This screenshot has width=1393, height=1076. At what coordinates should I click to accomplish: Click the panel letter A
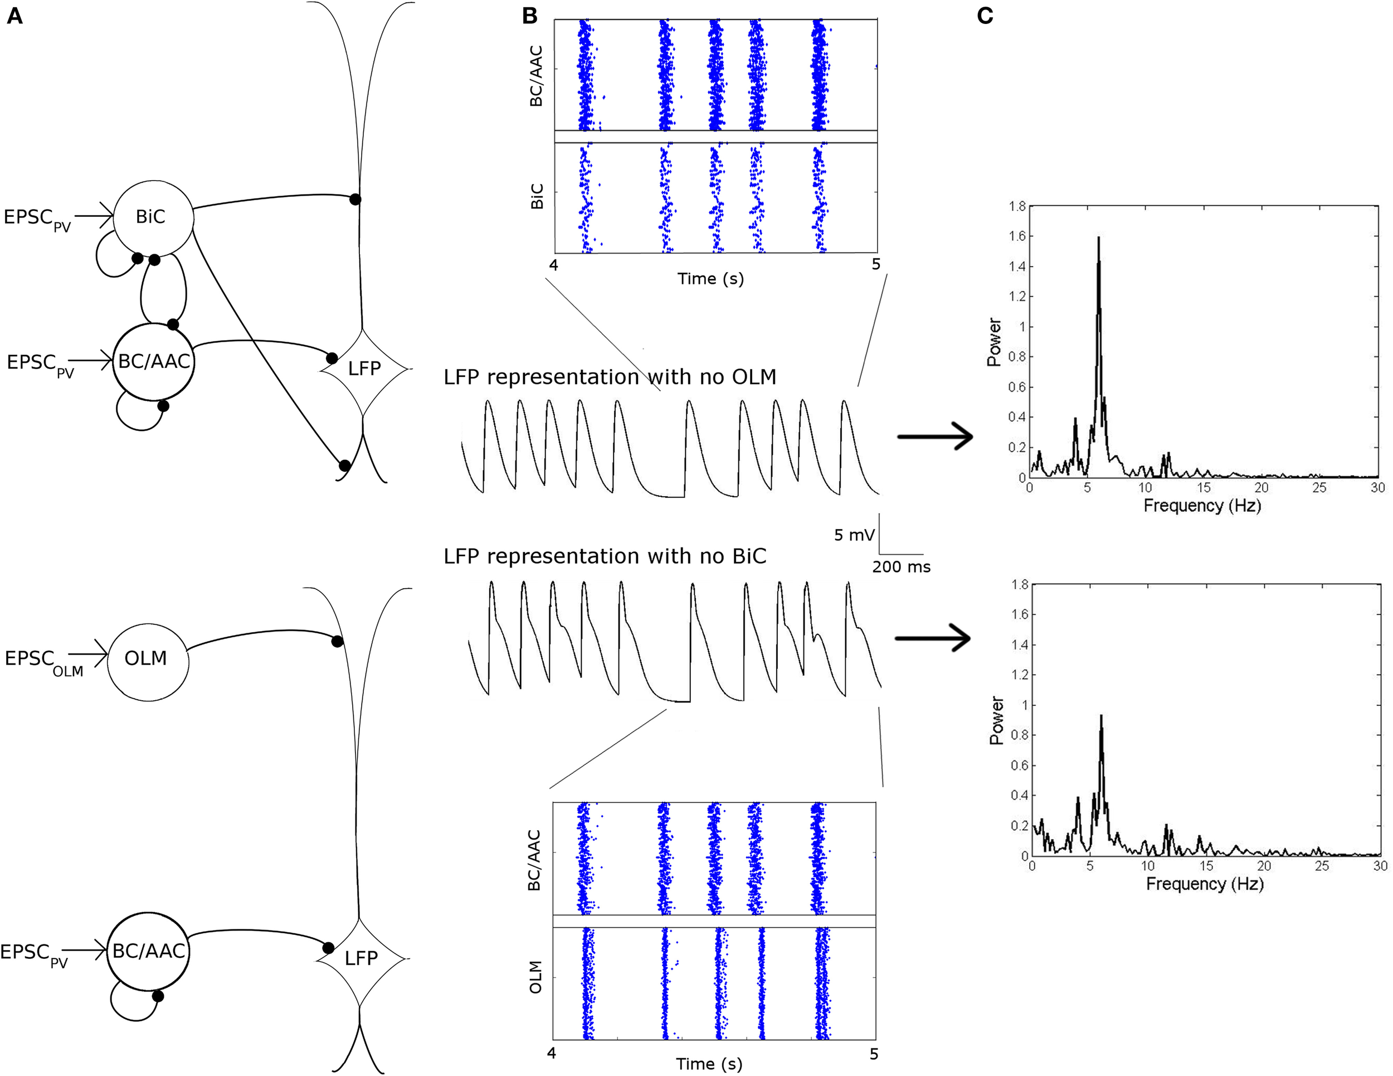[x=14, y=16]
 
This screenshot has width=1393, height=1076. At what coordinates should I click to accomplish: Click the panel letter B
[x=529, y=16]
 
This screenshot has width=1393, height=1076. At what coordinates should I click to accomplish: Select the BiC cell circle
[x=153, y=217]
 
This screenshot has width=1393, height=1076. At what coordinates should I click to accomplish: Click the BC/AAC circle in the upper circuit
[x=154, y=362]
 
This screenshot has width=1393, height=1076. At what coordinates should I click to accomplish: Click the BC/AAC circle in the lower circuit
[x=148, y=952]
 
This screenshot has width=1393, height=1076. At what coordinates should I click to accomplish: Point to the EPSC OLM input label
[x=43, y=662]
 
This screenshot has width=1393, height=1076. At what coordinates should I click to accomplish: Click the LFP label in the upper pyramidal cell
[x=364, y=369]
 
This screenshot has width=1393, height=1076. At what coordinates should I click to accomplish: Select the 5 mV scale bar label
[x=854, y=535]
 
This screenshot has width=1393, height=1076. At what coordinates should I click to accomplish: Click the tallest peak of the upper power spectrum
[x=1098, y=238]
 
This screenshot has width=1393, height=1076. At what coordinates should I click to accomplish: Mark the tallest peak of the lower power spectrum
[x=1101, y=716]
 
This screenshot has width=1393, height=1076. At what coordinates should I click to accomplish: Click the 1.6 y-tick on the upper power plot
[x=1017, y=236]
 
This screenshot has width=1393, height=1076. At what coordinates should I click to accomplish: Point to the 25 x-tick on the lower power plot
[x=1322, y=866]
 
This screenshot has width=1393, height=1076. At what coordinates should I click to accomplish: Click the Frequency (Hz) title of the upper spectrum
[x=1202, y=506]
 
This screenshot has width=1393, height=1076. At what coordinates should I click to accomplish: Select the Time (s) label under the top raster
[x=710, y=279]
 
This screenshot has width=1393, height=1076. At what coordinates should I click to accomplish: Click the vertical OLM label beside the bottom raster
[x=537, y=977]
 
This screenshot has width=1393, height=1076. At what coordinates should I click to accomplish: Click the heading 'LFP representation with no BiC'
[x=605, y=556]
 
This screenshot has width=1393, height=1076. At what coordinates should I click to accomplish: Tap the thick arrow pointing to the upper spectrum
[x=935, y=437]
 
